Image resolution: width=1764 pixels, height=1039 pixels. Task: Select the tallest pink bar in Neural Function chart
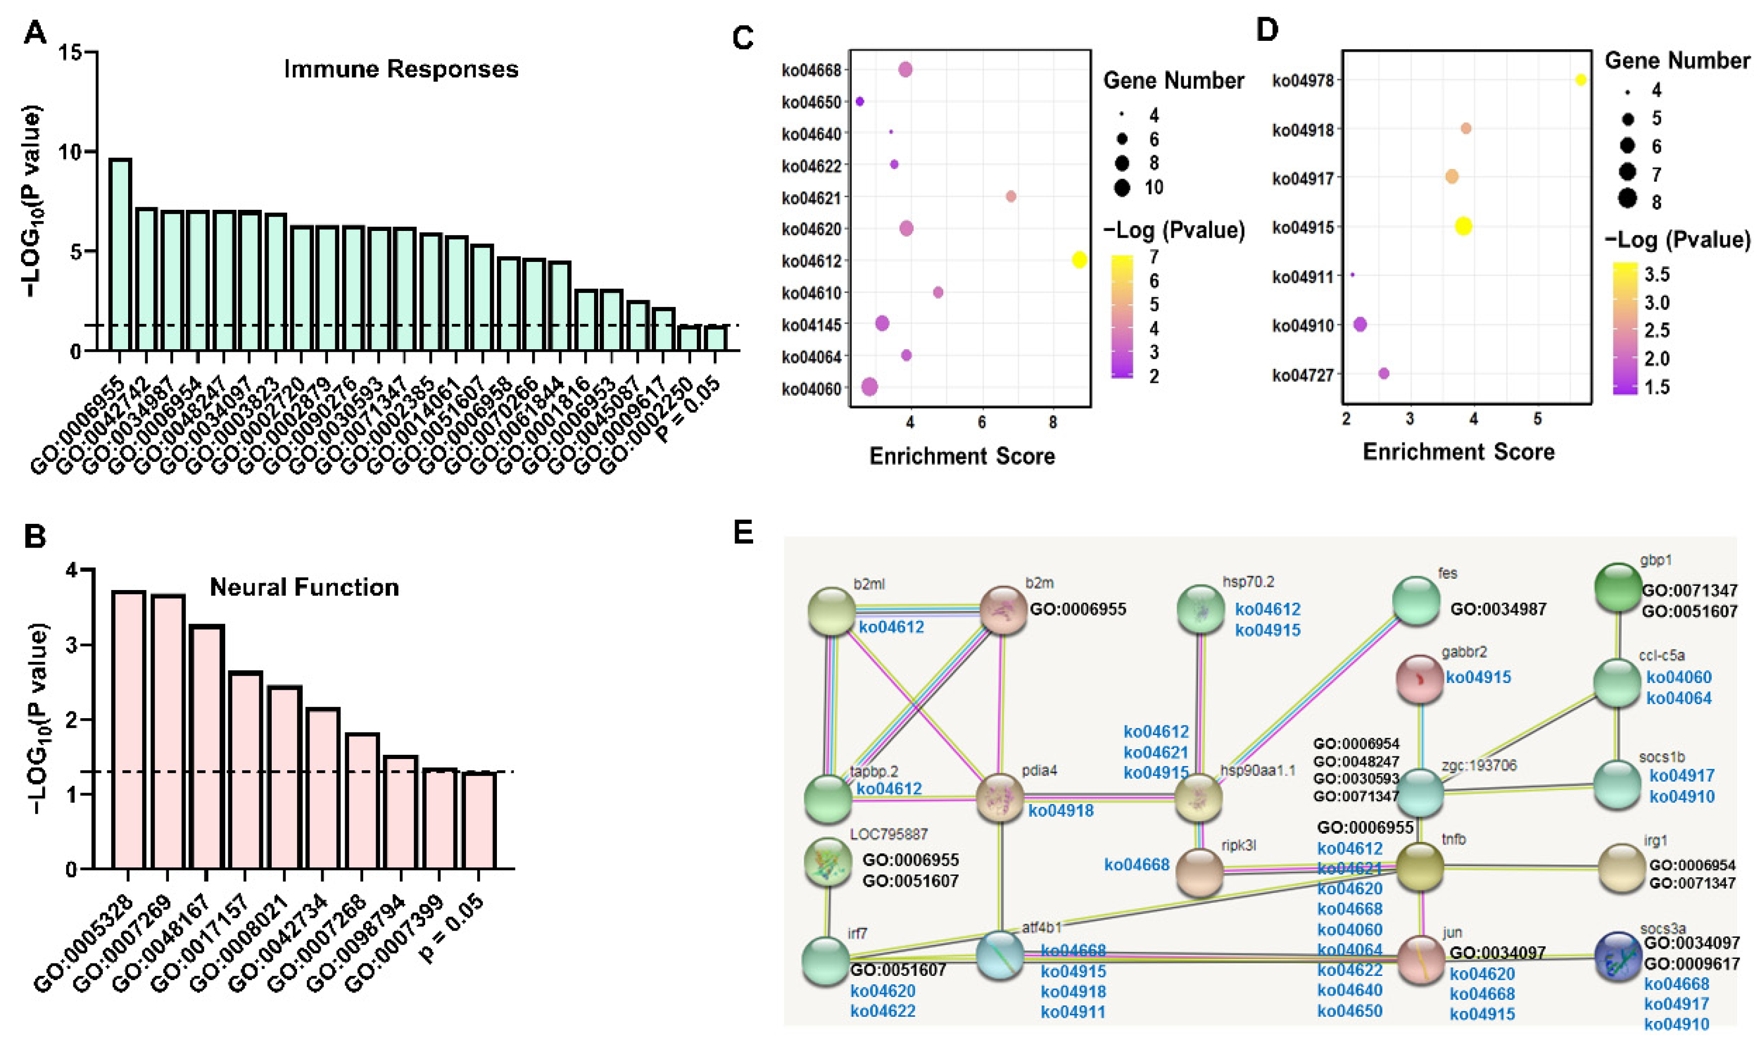tap(128, 730)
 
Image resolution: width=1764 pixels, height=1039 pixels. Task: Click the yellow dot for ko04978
tap(1581, 80)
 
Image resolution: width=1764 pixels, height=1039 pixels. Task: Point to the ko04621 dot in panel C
tap(1011, 196)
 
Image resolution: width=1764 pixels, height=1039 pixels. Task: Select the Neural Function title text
tap(304, 587)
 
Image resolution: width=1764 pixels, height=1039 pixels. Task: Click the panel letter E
tap(743, 534)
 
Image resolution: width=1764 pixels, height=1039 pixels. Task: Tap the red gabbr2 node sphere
tap(1419, 678)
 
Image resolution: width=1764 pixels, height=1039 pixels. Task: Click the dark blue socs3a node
tap(1618, 956)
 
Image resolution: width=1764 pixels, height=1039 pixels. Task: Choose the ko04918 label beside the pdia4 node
tap(1060, 811)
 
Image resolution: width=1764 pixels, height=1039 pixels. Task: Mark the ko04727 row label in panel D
tap(1303, 375)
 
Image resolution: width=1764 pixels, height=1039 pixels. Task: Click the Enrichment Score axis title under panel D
tap(1458, 452)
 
